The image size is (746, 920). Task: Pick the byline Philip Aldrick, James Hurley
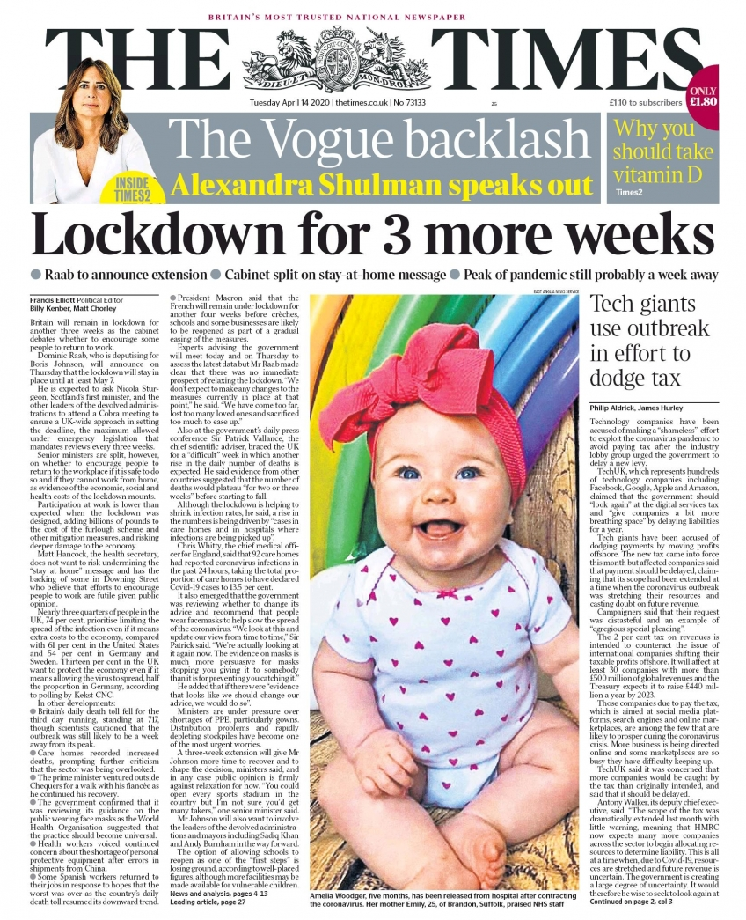click(x=636, y=408)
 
